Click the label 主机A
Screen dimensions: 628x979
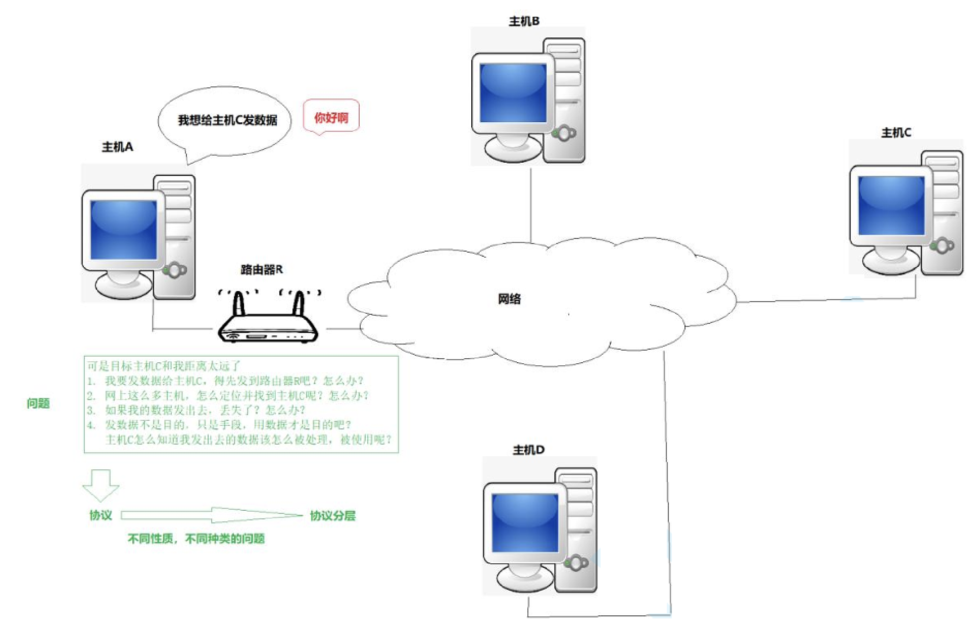117,147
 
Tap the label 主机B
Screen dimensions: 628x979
524,21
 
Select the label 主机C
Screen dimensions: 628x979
896,133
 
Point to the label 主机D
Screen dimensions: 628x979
528,450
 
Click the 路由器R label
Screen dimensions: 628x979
262,270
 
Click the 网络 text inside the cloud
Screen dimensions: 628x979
509,299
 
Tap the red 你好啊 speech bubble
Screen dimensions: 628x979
331,118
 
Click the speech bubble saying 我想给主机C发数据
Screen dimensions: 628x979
227,120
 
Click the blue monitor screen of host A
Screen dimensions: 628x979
123,229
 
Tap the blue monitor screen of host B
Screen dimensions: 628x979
513,93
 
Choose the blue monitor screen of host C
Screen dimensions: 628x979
891,205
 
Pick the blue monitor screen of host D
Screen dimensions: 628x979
525,522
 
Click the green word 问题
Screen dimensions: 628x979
38,403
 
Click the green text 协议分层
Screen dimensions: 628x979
332,516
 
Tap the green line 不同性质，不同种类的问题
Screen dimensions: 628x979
196,539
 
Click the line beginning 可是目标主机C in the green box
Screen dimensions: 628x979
164,366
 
